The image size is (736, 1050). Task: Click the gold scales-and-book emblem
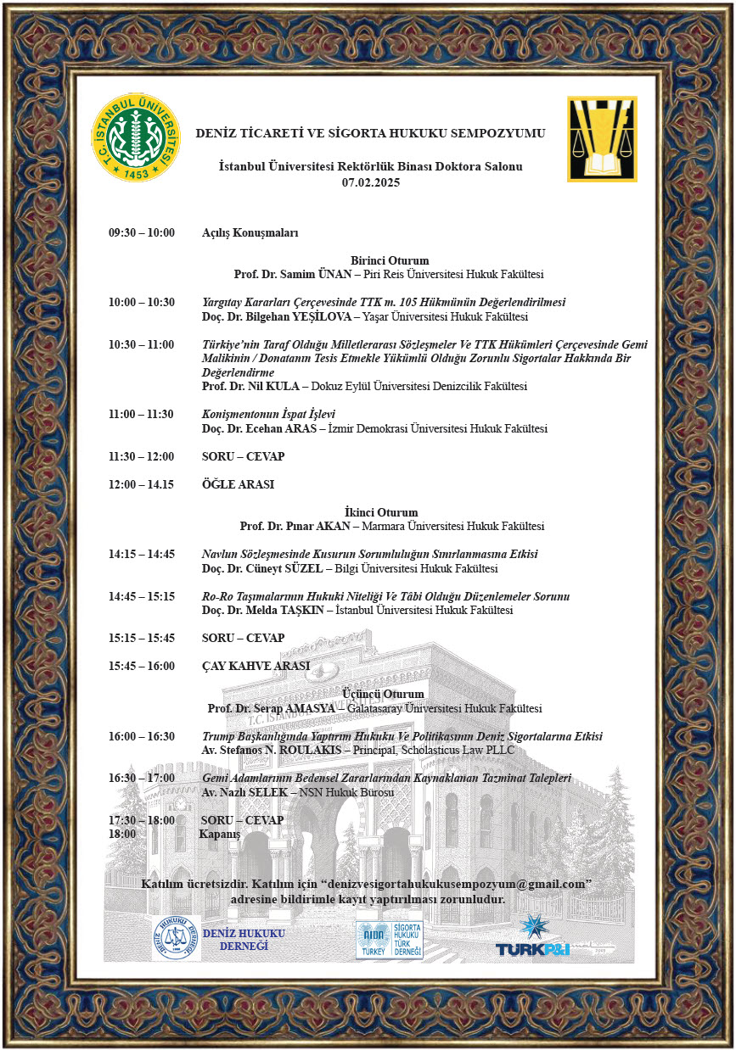click(602, 139)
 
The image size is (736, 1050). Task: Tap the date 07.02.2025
click(370, 182)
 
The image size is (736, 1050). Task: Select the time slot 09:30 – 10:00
click(141, 232)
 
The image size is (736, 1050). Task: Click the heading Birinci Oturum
click(390, 260)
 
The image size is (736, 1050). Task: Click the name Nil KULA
click(272, 386)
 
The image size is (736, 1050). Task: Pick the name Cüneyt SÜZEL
click(278, 568)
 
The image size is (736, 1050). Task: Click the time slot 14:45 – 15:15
click(141, 596)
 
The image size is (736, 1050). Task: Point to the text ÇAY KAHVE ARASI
click(256, 666)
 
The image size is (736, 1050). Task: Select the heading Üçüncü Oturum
click(383, 694)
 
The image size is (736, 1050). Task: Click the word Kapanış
click(220, 834)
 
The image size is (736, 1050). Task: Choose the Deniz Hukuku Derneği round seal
click(175, 938)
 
